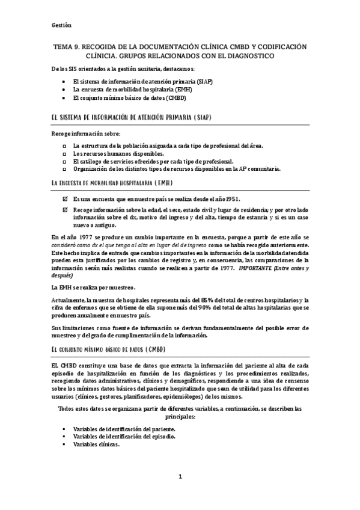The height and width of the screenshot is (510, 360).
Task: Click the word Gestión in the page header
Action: [x=61, y=25]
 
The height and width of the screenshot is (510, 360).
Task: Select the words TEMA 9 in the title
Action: [x=63, y=46]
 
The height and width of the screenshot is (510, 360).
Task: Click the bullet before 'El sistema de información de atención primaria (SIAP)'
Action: [x=64, y=81]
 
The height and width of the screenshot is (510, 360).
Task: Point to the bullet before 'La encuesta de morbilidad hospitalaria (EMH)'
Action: [x=64, y=89]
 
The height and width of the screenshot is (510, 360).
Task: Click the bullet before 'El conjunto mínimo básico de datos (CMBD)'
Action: [x=64, y=97]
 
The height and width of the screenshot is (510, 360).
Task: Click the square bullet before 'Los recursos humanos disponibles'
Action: [x=64, y=153]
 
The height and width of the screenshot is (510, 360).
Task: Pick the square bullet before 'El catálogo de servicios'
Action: [x=64, y=161]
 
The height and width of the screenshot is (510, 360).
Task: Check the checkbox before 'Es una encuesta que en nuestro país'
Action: [x=64, y=198]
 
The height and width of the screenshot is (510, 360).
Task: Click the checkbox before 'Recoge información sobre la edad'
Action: [x=64, y=209]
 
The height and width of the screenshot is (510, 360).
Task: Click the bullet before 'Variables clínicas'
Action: [x=64, y=444]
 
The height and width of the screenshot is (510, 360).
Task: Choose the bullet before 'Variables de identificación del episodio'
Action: [x=64, y=437]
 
